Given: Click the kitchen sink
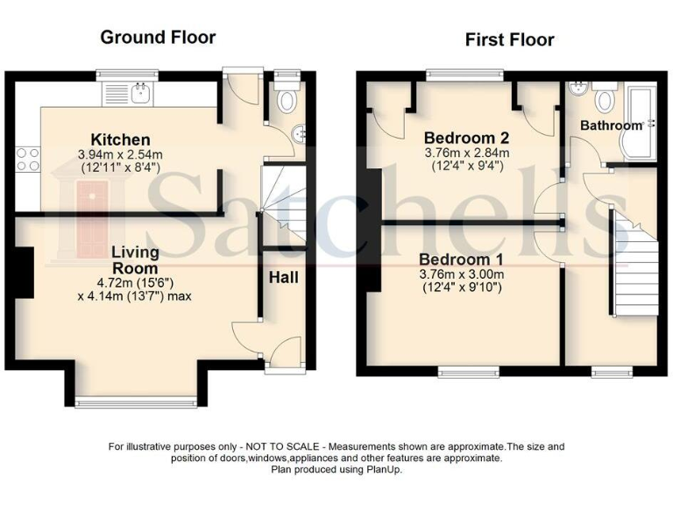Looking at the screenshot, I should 139,91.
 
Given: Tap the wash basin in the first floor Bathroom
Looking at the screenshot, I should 577,91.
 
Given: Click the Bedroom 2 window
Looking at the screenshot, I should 464,75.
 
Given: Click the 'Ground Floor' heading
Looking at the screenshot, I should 158,37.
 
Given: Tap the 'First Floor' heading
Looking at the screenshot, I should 509,39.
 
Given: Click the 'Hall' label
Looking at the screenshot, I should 283,278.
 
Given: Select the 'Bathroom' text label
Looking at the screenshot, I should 611,126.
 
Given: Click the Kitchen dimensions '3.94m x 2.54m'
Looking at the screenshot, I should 122,154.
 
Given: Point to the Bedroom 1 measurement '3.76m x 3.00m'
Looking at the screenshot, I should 462,274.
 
